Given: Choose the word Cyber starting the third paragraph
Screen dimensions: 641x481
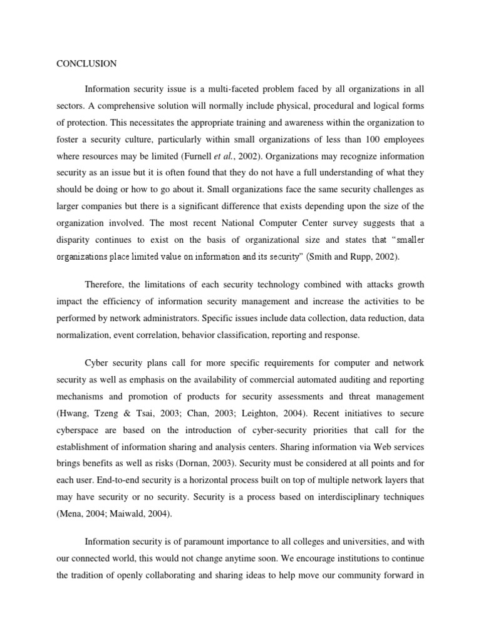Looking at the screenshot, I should (96, 364).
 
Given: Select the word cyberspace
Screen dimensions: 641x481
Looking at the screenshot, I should (80, 429).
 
